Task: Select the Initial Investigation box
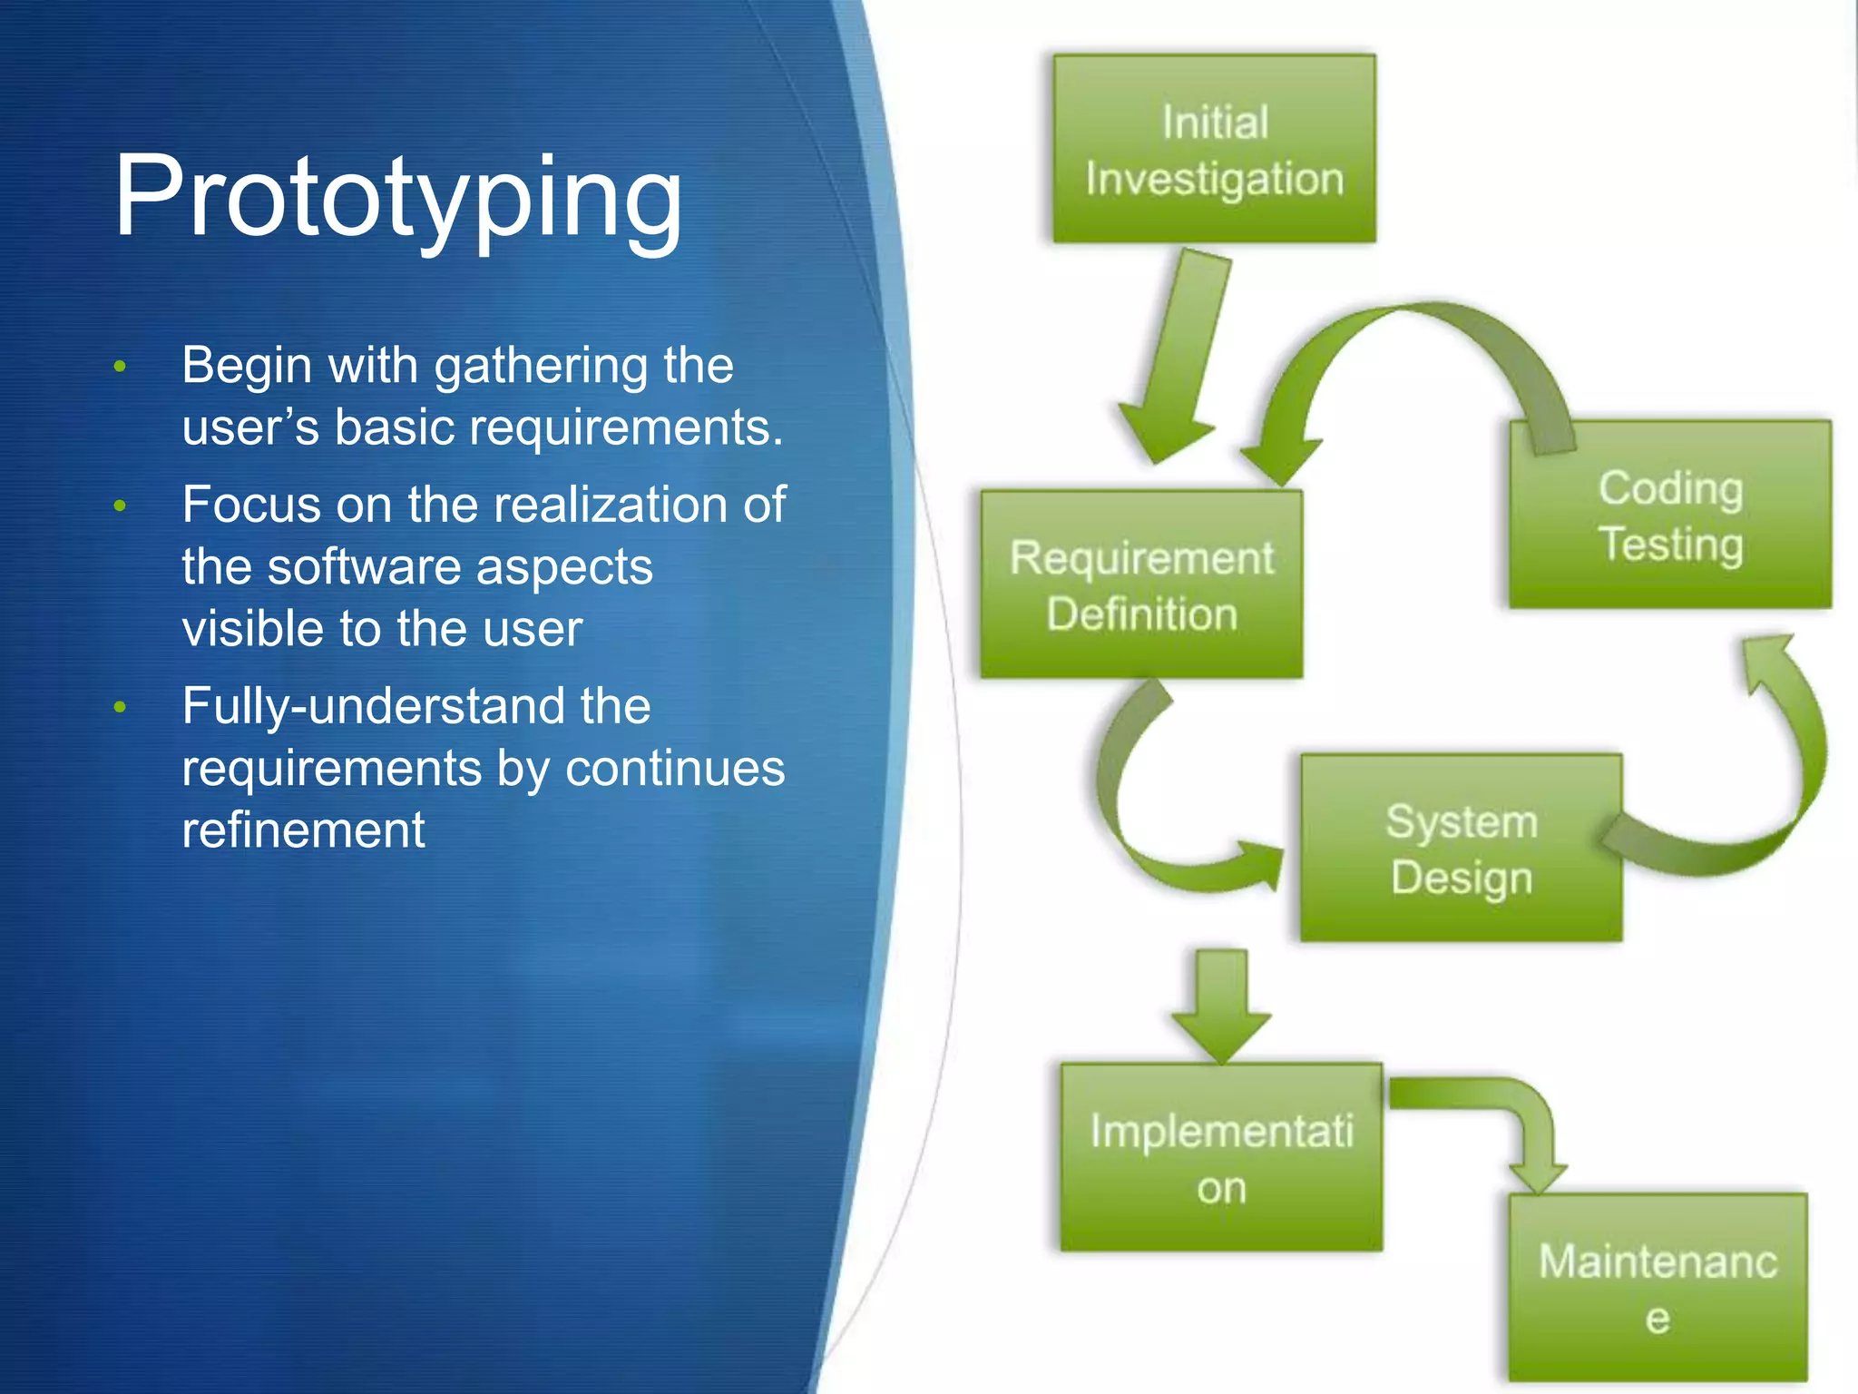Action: (1214, 150)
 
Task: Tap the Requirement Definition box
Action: (1141, 585)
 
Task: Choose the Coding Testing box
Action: (1669, 515)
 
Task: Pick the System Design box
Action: (1461, 849)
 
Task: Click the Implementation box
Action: (1221, 1159)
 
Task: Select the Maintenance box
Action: (1658, 1289)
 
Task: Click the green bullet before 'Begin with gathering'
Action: (120, 368)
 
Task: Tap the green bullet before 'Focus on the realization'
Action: (120, 506)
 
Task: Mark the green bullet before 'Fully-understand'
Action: (120, 708)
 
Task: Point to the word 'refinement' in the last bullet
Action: (303, 830)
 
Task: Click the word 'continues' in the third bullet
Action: (675, 768)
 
